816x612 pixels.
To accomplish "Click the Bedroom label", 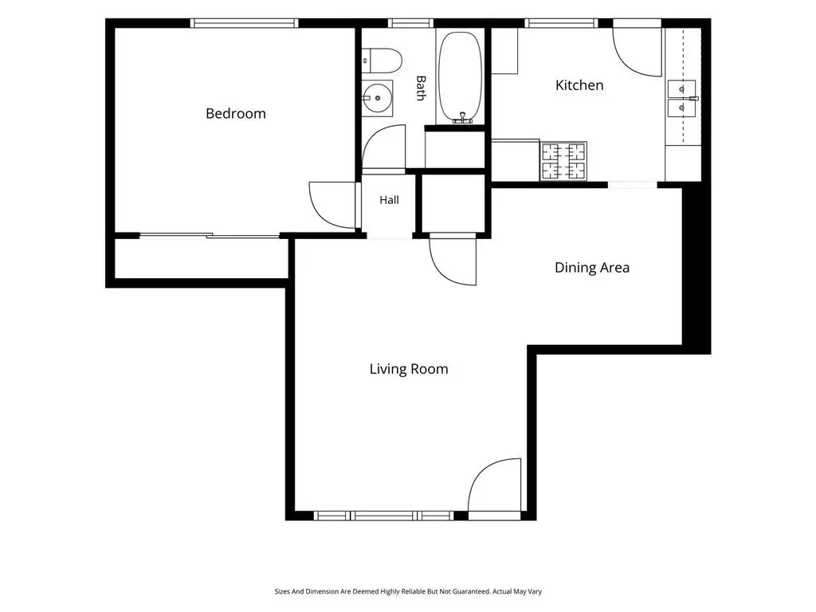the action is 236,113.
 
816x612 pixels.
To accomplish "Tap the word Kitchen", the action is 579,85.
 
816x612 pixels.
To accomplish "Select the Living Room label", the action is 409,369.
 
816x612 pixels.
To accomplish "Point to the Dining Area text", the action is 592,268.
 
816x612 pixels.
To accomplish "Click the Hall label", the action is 389,200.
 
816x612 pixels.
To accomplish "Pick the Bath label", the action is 421,88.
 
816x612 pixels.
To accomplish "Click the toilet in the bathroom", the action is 382,61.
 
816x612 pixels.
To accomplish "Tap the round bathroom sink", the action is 377,98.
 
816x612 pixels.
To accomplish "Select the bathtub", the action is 460,77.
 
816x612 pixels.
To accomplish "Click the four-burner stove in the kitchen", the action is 563,161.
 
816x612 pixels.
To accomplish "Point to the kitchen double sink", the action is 682,98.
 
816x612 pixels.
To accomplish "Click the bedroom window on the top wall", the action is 244,23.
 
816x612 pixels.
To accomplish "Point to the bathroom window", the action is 410,23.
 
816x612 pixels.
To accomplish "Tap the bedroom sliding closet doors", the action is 210,236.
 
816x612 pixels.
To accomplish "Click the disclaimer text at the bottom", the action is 408,591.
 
